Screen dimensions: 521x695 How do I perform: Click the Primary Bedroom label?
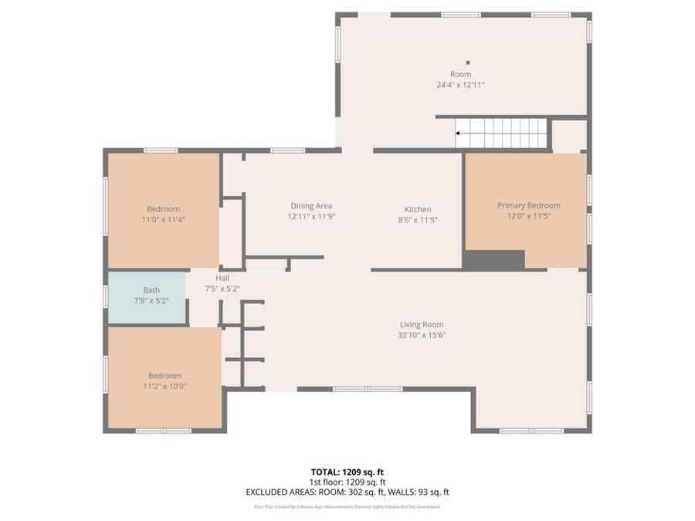coord(528,205)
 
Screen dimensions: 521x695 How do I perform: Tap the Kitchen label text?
coord(418,209)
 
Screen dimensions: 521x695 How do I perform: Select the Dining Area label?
coord(311,206)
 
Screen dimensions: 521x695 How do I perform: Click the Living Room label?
coord(422,325)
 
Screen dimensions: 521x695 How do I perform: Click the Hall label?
coord(222,278)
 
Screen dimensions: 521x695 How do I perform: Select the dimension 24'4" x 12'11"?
coord(460,85)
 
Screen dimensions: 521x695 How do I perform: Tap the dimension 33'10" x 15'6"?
coord(422,335)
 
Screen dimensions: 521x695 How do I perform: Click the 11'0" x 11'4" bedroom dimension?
coord(163,219)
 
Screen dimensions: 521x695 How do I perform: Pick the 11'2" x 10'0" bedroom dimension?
coord(164,386)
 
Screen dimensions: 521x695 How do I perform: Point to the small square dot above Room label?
coord(467,63)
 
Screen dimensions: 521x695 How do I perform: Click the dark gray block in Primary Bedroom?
coord(493,260)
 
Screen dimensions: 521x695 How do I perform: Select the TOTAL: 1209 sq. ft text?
coord(347,471)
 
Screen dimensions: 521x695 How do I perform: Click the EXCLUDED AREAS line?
coord(347,492)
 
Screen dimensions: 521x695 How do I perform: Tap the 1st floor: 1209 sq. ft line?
coord(347,482)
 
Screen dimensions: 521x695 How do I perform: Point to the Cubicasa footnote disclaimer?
coord(347,507)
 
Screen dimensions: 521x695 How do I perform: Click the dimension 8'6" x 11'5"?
coord(418,219)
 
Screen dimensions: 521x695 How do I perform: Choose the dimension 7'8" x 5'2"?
coord(151,300)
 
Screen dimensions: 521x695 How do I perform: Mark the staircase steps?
coord(502,133)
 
